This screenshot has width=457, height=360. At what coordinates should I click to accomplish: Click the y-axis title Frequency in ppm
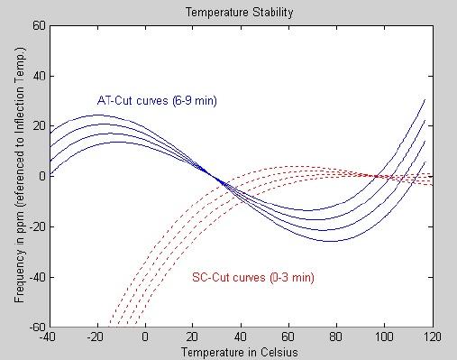tap(19, 176)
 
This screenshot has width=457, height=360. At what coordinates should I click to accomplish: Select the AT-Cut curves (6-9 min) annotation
tap(157, 100)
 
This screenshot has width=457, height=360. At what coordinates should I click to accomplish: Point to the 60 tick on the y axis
tap(40, 25)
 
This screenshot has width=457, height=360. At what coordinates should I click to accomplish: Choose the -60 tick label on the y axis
tap(38, 327)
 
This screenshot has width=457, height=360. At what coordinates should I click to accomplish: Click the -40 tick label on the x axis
tap(49, 337)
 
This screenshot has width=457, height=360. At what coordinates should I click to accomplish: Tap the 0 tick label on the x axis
tap(145, 337)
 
